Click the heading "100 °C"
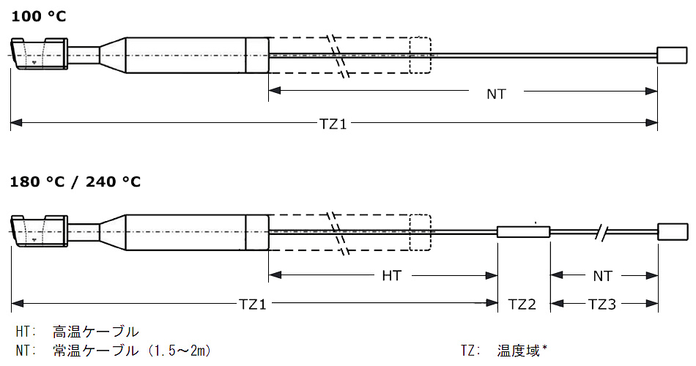(38, 15)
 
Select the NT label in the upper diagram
(496, 94)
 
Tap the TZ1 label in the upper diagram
(333, 124)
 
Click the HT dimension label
(392, 276)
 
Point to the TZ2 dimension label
(523, 304)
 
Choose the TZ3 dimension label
(602, 304)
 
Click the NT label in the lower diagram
(602, 276)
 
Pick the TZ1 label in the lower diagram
(253, 304)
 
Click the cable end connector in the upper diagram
(671, 55)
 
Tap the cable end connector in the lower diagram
(672, 232)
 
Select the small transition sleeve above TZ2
(523, 232)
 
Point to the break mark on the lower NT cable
(602, 232)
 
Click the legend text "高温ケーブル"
(96, 332)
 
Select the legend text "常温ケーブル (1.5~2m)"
(132, 351)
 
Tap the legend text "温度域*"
(521, 351)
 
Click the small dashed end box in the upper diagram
(420, 55)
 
